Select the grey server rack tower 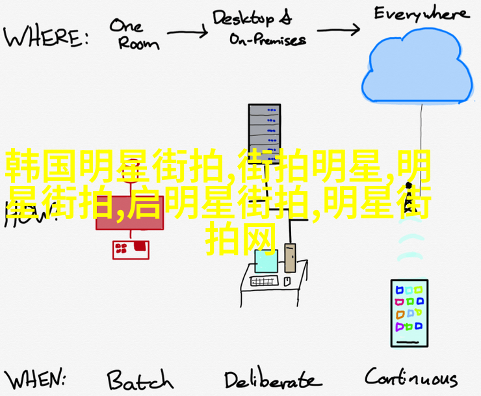[264, 130]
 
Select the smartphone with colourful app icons [408, 313]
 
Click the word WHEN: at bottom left [42, 378]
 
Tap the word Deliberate [272, 379]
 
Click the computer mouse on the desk [286, 281]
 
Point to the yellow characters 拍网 [242, 239]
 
